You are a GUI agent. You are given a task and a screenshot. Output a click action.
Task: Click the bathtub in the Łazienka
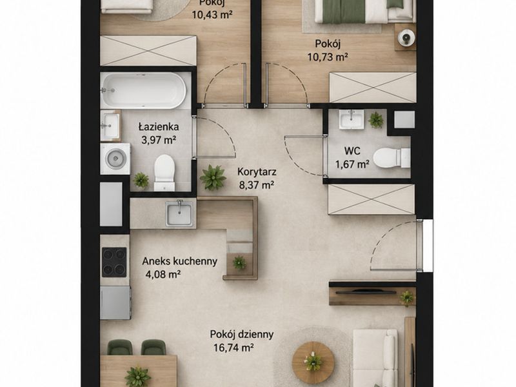[143, 90]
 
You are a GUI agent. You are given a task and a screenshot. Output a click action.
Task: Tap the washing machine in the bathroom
[115, 159]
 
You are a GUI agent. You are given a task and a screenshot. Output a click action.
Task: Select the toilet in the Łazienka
[164, 172]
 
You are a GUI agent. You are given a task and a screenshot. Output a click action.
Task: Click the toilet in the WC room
[392, 158]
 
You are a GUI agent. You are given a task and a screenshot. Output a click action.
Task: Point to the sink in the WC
[352, 119]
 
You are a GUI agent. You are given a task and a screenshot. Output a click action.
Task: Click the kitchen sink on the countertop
[179, 213]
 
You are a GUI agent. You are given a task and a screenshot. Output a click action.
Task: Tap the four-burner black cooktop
[114, 262]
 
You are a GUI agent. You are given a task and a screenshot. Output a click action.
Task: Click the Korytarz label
[257, 172]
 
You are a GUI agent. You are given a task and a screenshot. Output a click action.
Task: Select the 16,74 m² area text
[233, 348]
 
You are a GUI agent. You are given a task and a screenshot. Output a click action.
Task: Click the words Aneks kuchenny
[180, 261]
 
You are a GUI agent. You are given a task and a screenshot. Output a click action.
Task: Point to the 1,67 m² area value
[352, 164]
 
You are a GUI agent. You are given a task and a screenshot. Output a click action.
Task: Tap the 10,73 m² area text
[328, 57]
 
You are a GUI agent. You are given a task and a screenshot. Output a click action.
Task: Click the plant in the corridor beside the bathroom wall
[213, 177]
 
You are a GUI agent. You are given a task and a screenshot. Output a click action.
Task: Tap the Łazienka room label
[159, 126]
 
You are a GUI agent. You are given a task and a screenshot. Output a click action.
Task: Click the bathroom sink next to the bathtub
[110, 125]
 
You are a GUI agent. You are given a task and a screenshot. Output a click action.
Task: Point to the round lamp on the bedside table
[407, 38]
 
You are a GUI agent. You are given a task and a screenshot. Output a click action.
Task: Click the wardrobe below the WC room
[372, 199]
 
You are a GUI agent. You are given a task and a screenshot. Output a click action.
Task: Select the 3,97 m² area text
[159, 140]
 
